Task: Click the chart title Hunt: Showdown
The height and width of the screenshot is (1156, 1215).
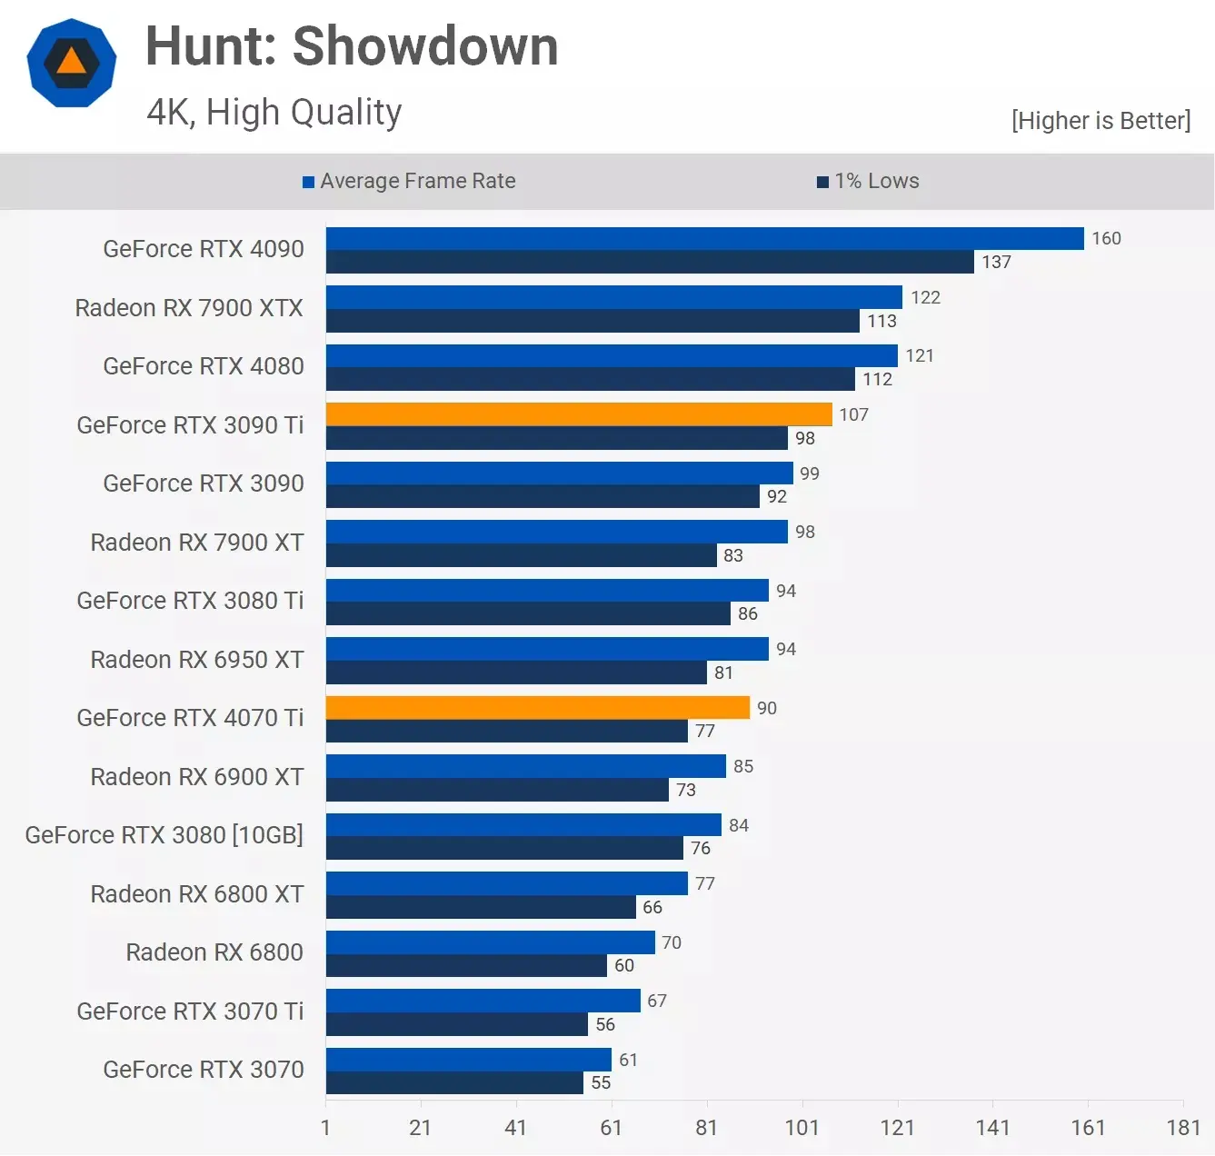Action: click(x=352, y=46)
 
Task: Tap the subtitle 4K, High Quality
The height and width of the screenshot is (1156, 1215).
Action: click(x=274, y=113)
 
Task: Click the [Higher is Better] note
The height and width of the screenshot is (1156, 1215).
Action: click(x=1100, y=121)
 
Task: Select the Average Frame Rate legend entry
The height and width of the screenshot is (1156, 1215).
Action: click(x=409, y=181)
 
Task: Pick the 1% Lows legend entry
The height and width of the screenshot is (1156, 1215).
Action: click(x=868, y=181)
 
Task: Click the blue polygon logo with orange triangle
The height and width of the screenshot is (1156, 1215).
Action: click(x=72, y=63)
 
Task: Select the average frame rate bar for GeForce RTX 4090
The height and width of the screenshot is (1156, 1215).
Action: click(x=704, y=238)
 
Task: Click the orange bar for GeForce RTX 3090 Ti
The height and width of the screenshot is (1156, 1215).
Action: click(x=579, y=414)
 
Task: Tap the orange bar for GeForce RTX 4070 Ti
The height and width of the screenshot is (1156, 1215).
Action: click(x=538, y=708)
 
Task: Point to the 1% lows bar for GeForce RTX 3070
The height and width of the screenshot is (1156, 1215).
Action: click(x=454, y=1082)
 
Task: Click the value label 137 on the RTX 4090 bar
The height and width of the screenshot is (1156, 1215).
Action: click(x=996, y=262)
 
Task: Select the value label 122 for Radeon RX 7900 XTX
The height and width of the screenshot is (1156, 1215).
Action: click(x=925, y=297)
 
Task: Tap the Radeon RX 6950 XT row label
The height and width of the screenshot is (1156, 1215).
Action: click(x=197, y=660)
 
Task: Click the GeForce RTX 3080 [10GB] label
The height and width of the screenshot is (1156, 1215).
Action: click(x=164, y=835)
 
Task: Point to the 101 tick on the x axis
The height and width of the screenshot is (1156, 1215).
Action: click(x=802, y=1128)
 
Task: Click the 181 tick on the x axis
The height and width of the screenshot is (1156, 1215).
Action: click(x=1183, y=1128)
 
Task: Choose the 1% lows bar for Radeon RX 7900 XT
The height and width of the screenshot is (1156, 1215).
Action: click(x=521, y=555)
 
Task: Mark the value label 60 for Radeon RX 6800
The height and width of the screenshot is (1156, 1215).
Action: click(x=624, y=965)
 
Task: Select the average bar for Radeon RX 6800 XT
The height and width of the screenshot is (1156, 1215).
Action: click(x=506, y=883)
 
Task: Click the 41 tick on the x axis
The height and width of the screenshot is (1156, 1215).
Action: click(x=515, y=1128)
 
